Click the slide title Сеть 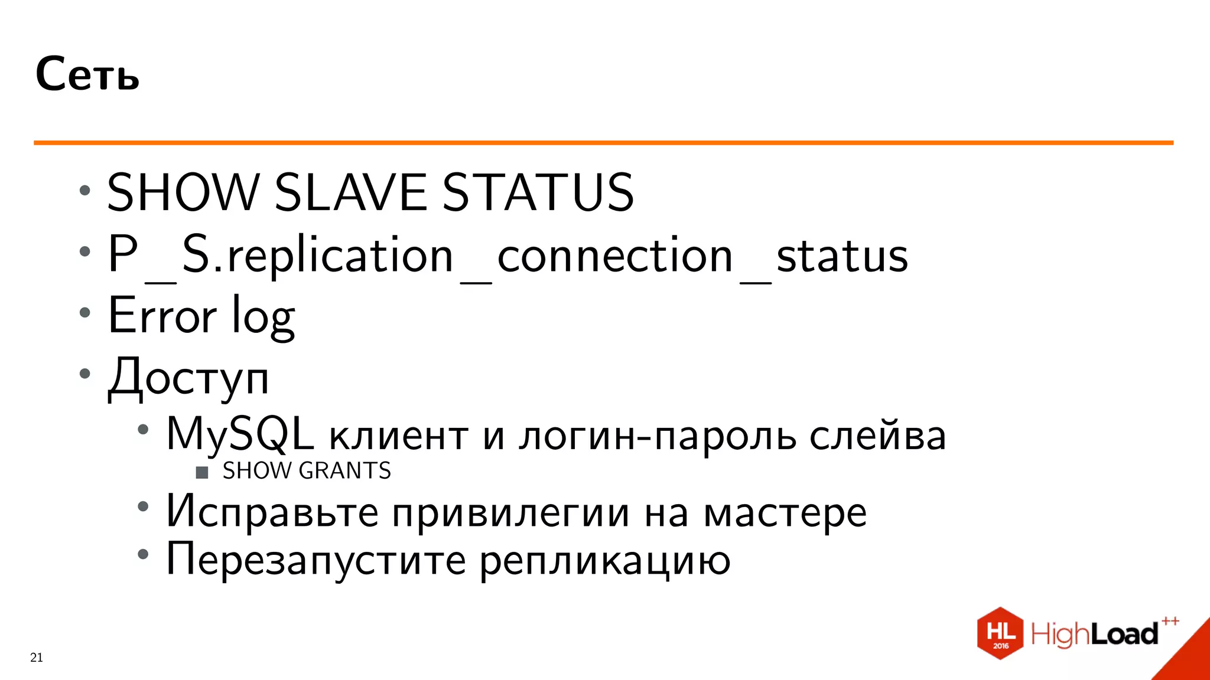pyautogui.click(x=87, y=74)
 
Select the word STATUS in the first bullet pyautogui.click(x=538, y=192)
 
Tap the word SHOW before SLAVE pyautogui.click(x=183, y=192)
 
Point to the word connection pyautogui.click(x=615, y=256)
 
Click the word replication pyautogui.click(x=340, y=256)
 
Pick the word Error pyautogui.click(x=162, y=316)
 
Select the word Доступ pyautogui.click(x=188, y=378)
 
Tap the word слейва pyautogui.click(x=877, y=436)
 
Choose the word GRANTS pyautogui.click(x=345, y=471)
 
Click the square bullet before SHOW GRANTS pyautogui.click(x=202, y=472)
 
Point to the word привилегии pyautogui.click(x=511, y=513)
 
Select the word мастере pyautogui.click(x=785, y=513)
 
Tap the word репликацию pyautogui.click(x=604, y=561)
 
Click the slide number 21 pyautogui.click(x=37, y=658)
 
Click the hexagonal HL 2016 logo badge pyautogui.click(x=1000, y=633)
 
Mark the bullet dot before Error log pyautogui.click(x=85, y=313)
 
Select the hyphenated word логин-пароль pyautogui.click(x=658, y=436)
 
